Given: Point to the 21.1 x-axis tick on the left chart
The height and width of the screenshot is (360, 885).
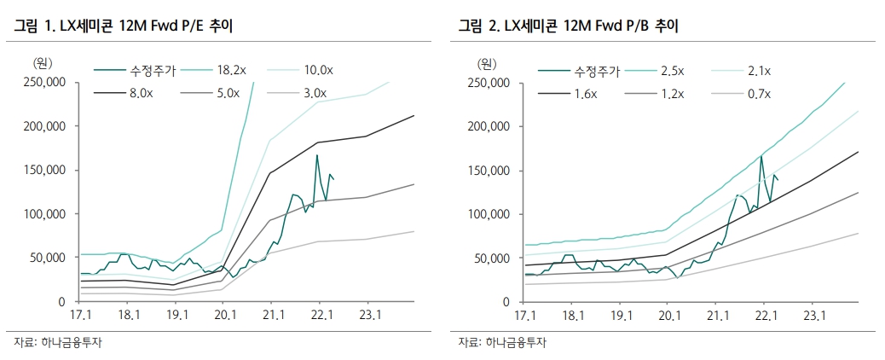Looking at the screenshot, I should pos(273,314).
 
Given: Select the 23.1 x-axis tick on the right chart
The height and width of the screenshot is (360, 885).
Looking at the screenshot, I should pos(815,314).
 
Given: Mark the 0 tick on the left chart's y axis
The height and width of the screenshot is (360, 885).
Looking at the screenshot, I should pos(62,302).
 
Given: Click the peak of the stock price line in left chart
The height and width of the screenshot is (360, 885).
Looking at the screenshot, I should pos(316,155).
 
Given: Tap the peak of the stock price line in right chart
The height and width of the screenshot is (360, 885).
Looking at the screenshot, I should pos(761,156).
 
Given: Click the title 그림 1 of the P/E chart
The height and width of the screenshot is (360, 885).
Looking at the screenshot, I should pos(34,26).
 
